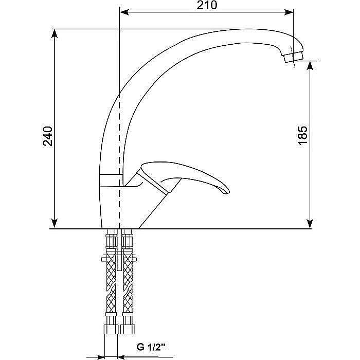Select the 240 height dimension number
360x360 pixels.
click(x=47, y=135)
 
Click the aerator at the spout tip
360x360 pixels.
click(x=294, y=55)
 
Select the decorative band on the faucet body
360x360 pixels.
click(x=111, y=180)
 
